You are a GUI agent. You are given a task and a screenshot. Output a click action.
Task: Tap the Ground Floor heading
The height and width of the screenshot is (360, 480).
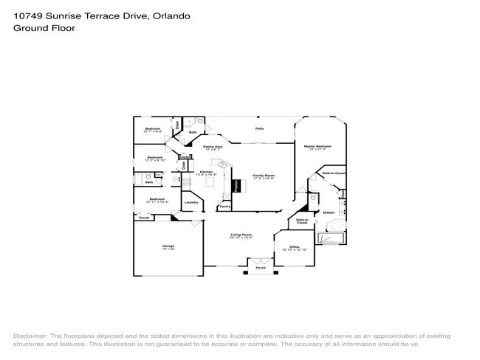(x=44, y=28)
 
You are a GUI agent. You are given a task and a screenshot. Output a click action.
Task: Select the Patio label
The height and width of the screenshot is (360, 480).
(x=260, y=129)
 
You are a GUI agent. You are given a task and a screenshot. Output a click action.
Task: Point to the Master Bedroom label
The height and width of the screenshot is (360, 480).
(x=318, y=146)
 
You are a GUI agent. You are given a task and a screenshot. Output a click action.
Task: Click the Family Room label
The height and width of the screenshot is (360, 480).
(x=264, y=176)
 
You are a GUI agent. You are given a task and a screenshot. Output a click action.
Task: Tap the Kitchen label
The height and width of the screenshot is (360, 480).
(x=206, y=172)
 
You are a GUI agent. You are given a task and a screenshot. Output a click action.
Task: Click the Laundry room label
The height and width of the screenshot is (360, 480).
(x=189, y=203)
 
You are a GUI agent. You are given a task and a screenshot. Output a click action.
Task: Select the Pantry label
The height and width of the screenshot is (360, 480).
(x=224, y=207)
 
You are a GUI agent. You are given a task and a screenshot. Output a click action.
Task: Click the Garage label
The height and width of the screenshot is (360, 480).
(x=168, y=246)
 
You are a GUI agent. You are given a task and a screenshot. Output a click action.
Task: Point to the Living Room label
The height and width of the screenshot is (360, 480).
(x=241, y=235)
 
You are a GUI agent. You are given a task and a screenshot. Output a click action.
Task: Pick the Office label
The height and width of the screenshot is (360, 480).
(x=294, y=246)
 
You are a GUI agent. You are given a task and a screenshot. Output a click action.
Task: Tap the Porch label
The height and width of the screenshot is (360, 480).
(x=261, y=268)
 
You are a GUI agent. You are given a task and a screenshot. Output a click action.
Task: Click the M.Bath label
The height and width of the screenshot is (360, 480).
(x=330, y=212)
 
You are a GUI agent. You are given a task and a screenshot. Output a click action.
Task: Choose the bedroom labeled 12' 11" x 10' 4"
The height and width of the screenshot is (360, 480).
(x=157, y=199)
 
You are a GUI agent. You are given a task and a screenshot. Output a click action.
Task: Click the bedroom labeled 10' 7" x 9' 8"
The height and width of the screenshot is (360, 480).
(x=152, y=129)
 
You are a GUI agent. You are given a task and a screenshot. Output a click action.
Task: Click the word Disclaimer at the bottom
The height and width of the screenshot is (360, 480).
(x=30, y=335)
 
